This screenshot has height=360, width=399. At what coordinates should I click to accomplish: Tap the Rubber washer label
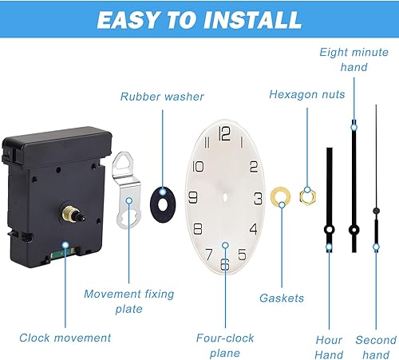click(162, 97)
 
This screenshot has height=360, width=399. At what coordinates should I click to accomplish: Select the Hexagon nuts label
click(307, 94)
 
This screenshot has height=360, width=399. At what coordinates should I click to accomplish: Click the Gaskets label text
click(282, 298)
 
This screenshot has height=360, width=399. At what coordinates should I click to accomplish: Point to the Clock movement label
click(65, 338)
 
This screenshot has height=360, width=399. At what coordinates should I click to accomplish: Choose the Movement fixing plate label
click(129, 301)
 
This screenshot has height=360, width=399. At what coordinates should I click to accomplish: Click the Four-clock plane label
click(225, 346)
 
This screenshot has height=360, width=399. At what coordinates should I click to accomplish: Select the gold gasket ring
click(275, 197)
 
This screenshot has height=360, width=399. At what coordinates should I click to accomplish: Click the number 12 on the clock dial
click(224, 133)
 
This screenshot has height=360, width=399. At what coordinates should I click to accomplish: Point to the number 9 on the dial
click(193, 197)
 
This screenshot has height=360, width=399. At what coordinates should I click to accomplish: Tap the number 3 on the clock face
click(258, 199)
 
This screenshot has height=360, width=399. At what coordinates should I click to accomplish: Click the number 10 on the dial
click(198, 167)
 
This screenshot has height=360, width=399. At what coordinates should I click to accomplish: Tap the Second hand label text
click(376, 347)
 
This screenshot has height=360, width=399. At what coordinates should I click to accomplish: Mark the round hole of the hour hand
click(330, 229)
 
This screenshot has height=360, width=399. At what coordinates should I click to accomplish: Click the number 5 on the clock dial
click(242, 255)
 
